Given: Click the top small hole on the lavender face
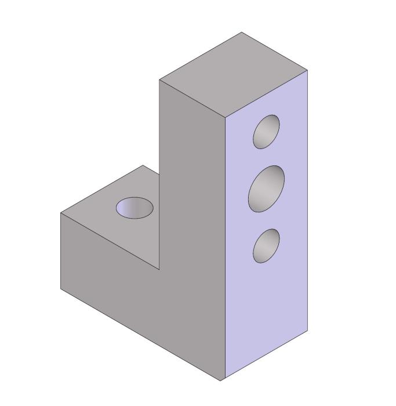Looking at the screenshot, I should click(266, 132).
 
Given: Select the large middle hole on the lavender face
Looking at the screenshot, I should click(266, 188).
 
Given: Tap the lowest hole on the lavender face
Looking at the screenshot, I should click(266, 245).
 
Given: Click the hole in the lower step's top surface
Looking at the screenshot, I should click(135, 208).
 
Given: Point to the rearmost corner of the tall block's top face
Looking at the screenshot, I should click(242, 32).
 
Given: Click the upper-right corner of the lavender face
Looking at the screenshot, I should click(307, 70).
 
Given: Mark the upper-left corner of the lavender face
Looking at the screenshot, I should click(225, 118).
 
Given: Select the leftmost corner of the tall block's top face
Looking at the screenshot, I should click(159, 80).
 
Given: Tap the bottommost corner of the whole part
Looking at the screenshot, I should click(221, 381).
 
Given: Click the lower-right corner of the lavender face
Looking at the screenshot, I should click(307, 332).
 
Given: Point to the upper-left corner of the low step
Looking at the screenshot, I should click(61, 213).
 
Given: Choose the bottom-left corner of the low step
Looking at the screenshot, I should click(61, 288).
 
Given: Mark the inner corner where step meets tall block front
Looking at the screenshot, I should click(159, 270).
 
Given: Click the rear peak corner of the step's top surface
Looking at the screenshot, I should click(143, 165).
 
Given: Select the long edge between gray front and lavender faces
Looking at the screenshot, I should click(224, 249).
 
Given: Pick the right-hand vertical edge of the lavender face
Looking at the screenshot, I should click(307, 203).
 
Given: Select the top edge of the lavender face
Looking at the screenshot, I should click(266, 94).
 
